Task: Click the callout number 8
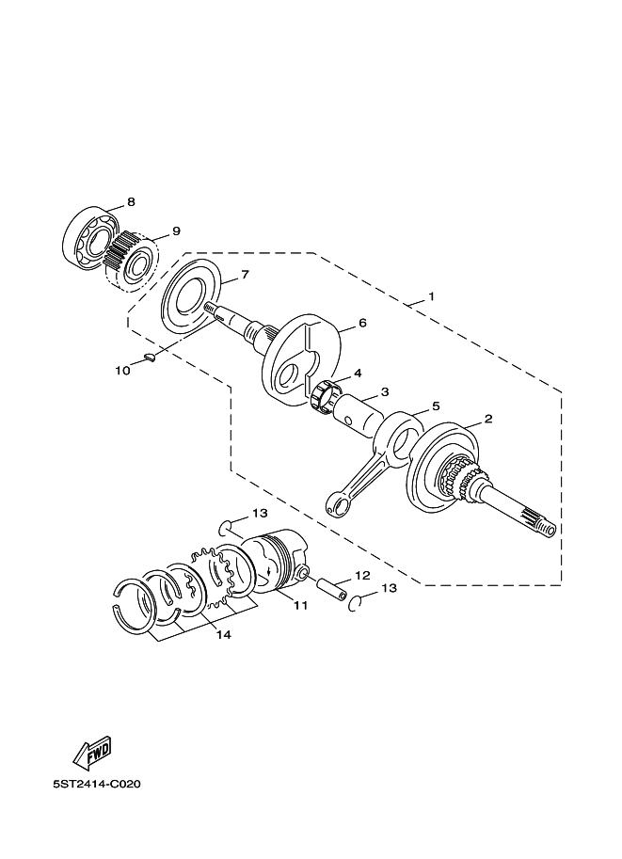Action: click(x=131, y=201)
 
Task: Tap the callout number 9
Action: click(x=176, y=231)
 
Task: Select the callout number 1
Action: click(x=431, y=296)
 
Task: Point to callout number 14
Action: click(x=222, y=634)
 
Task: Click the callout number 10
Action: click(x=122, y=371)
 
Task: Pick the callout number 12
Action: click(x=361, y=575)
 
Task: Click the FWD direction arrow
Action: click(x=92, y=752)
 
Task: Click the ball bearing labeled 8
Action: click(x=88, y=240)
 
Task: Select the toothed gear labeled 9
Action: click(x=120, y=253)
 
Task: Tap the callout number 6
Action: click(x=361, y=323)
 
